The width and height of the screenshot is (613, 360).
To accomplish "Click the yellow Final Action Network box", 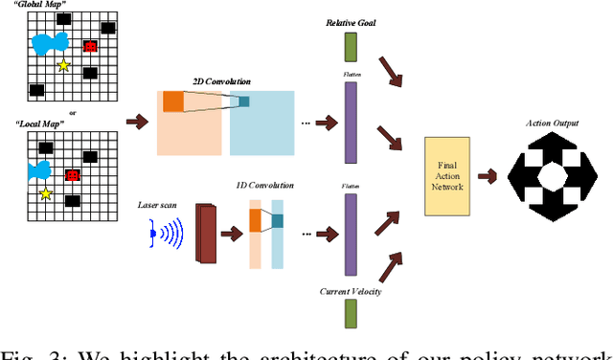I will pyautogui.click(x=450, y=175).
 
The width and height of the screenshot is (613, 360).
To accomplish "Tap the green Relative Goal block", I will pyautogui.click(x=350, y=47).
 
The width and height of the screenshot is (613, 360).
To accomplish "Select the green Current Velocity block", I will pyautogui.click(x=350, y=313).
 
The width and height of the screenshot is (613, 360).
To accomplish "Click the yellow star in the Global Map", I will pyautogui.click(x=63, y=65).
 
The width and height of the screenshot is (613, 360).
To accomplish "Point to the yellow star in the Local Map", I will pyautogui.click(x=45, y=193).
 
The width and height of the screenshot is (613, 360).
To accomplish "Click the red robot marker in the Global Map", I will pyautogui.click(x=90, y=46).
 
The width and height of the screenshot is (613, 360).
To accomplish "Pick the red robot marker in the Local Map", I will pyautogui.click(x=72, y=175).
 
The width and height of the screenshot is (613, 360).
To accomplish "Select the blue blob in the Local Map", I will pyautogui.click(x=39, y=170).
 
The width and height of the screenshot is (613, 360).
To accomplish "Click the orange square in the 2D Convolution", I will pyautogui.click(x=172, y=101).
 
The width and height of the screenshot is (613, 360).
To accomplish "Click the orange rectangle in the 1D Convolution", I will pyautogui.click(x=255, y=220).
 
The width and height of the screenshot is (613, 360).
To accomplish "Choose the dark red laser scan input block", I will pyautogui.click(x=206, y=232).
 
